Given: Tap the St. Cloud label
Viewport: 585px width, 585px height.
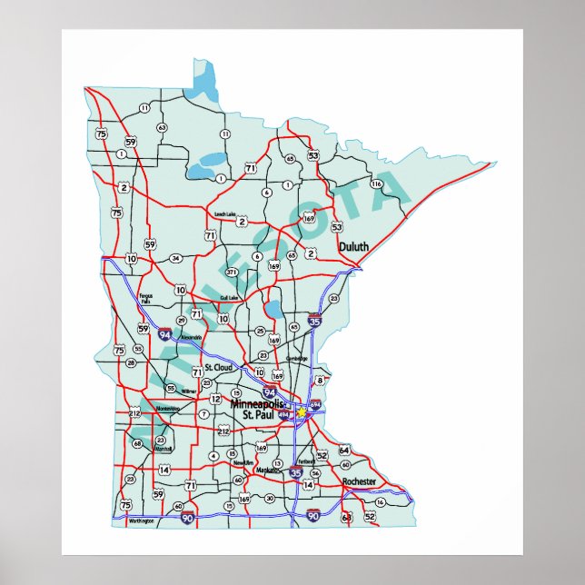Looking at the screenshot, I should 218,367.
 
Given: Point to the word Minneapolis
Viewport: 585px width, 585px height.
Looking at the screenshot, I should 258,403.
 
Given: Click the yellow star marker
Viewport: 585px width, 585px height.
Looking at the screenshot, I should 301,411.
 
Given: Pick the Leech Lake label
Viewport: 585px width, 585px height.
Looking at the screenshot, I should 224,214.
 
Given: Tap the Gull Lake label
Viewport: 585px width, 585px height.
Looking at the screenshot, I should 229,298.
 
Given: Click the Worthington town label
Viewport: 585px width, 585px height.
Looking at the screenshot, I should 142,521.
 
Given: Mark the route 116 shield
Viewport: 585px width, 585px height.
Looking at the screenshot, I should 376,184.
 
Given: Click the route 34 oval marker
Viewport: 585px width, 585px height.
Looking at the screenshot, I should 176,258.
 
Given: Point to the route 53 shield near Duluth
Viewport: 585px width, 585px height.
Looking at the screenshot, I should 337,227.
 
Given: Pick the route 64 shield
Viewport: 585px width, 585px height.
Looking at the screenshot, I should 344,450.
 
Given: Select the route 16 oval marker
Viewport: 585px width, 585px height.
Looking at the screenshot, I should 380,501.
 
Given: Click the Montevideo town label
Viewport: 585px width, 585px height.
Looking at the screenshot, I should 168,409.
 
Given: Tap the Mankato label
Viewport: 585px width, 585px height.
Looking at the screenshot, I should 267,471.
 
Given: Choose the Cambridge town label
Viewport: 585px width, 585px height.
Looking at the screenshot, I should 297,358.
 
